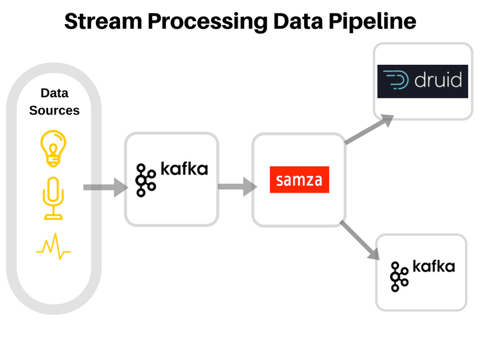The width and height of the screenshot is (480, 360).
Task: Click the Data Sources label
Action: tap(55, 101)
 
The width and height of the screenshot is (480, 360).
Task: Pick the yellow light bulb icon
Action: tap(53, 146)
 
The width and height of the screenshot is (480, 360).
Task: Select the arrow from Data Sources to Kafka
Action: tap(104, 188)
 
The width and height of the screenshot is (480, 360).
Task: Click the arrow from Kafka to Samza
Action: tap(236, 187)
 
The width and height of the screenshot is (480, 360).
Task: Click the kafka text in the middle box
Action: tap(184, 169)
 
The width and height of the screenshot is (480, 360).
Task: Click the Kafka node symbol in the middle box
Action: tap(145, 179)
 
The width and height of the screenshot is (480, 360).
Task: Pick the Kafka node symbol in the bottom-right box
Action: tap(399, 276)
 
